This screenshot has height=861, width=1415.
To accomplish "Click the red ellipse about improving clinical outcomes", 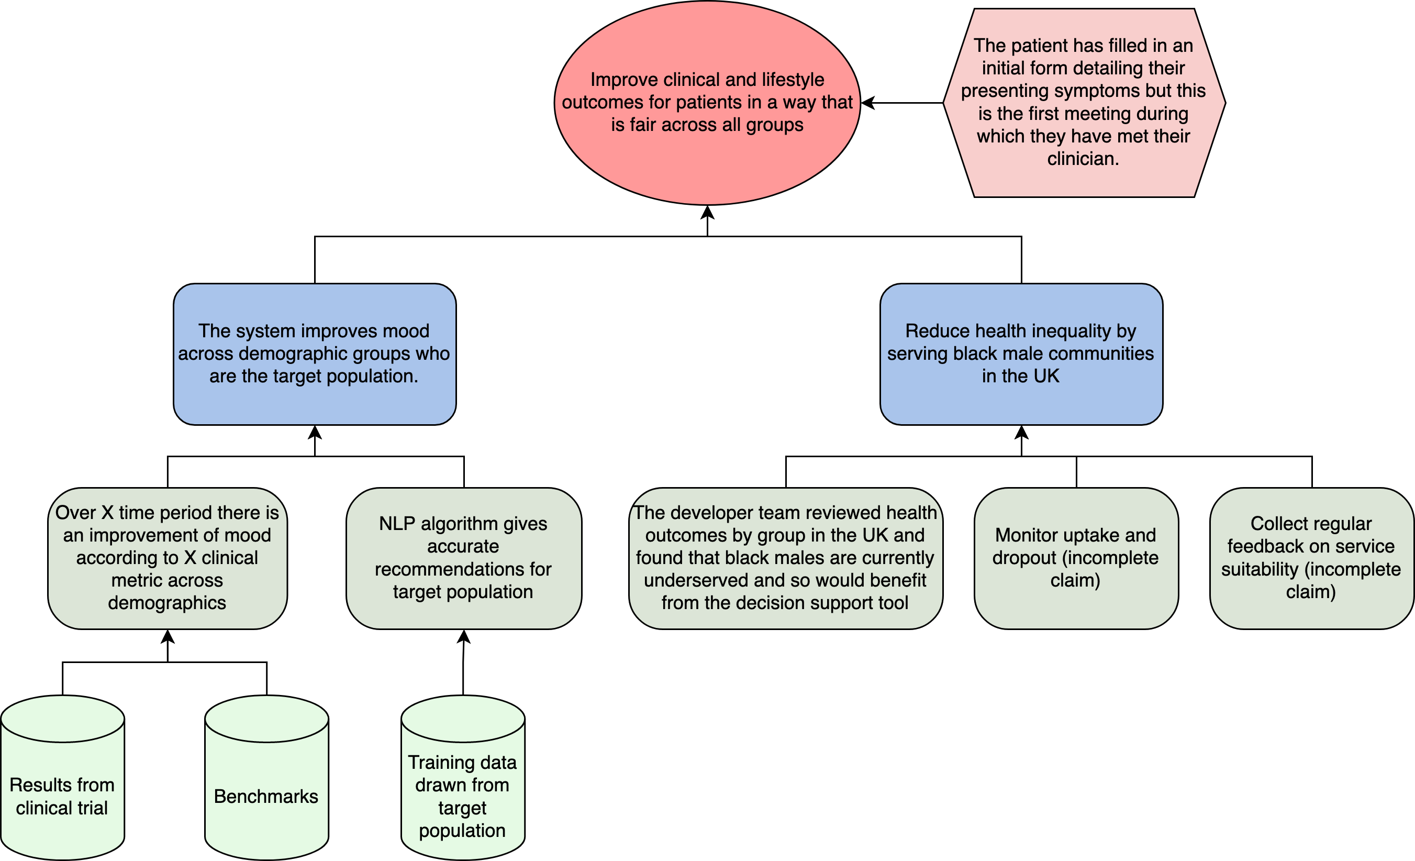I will click(x=707, y=102).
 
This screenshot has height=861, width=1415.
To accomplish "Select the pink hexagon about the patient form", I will click(x=1084, y=102).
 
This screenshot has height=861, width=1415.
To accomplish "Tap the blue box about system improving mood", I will click(x=314, y=354).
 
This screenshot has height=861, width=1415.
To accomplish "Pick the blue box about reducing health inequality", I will click(x=1020, y=354).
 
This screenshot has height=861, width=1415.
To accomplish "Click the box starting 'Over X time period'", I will click(x=167, y=558).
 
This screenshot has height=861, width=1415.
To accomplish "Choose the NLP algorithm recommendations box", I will click(x=463, y=558).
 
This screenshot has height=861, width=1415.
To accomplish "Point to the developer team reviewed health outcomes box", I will click(x=785, y=558).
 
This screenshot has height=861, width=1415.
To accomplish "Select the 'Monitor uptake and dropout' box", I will click(x=1076, y=558).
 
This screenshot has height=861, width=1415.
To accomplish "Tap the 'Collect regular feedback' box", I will click(x=1311, y=558).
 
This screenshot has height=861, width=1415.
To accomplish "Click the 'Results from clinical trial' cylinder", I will click(x=62, y=796).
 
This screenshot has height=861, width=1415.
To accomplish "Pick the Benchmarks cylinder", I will click(x=266, y=764).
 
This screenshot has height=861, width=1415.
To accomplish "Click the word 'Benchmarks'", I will click(x=266, y=797).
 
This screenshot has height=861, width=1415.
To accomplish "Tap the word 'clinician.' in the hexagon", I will click(x=1083, y=159).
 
